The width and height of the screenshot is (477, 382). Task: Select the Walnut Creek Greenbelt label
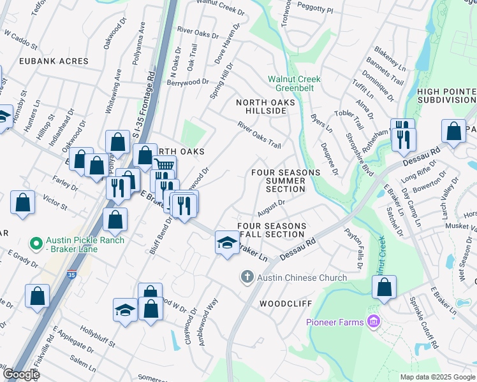click(294, 83)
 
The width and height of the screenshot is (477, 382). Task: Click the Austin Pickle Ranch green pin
click(36, 243)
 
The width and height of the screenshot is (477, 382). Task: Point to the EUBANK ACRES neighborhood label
click(45, 61)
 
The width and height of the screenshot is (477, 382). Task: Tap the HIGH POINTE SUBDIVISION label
click(446, 95)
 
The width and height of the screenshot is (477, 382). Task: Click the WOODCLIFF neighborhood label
click(284, 304)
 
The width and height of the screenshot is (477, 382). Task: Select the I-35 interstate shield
click(70, 276)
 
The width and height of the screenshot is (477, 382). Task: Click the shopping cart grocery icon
click(165, 166)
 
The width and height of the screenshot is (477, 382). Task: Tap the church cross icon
click(247, 277)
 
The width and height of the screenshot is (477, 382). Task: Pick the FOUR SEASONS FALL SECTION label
click(272, 230)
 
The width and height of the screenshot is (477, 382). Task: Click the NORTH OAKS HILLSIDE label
click(266, 106)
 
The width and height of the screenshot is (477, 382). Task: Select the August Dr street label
click(271, 207)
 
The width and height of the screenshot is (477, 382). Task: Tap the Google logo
click(21, 374)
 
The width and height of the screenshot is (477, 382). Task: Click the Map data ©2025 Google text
click(437, 377)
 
